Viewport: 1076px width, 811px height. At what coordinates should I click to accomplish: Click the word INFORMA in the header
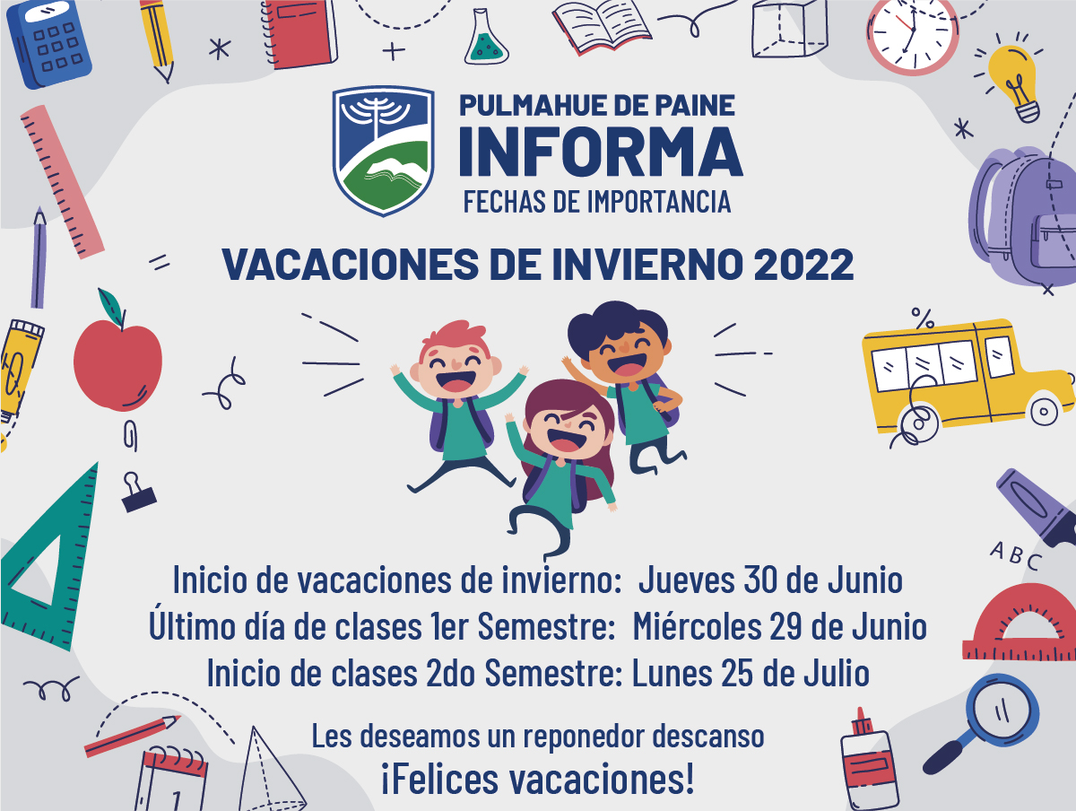601,151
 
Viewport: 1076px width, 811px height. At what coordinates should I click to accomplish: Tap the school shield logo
383,151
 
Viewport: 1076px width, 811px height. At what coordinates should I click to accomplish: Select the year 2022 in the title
803,265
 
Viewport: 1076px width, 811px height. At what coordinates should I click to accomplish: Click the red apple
117,355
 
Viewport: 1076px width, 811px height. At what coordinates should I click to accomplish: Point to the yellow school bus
968,378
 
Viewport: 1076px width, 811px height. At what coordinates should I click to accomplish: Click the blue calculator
49,44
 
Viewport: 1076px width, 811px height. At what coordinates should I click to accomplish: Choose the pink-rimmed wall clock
912,35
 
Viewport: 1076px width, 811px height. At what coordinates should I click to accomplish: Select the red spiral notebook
300,33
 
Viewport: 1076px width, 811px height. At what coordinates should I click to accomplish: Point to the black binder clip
138,493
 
